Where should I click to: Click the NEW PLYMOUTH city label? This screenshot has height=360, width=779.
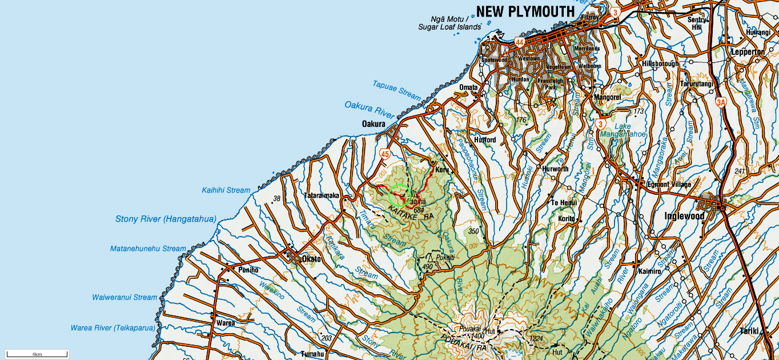click(525, 11)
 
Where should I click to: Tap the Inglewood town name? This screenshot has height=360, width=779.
click(684, 216)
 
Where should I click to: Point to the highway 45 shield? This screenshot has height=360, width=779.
click(384, 153)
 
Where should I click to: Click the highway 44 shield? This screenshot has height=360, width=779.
click(519, 42)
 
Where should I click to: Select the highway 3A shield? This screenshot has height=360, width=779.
click(721, 102)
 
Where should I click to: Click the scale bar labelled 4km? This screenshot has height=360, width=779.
click(37, 354)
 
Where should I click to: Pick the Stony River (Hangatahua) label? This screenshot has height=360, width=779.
click(166, 219)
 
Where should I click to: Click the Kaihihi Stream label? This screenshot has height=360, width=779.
click(226, 190)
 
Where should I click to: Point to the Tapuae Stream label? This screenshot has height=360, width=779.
click(396, 91)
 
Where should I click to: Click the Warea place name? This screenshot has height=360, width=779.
click(226, 323)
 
